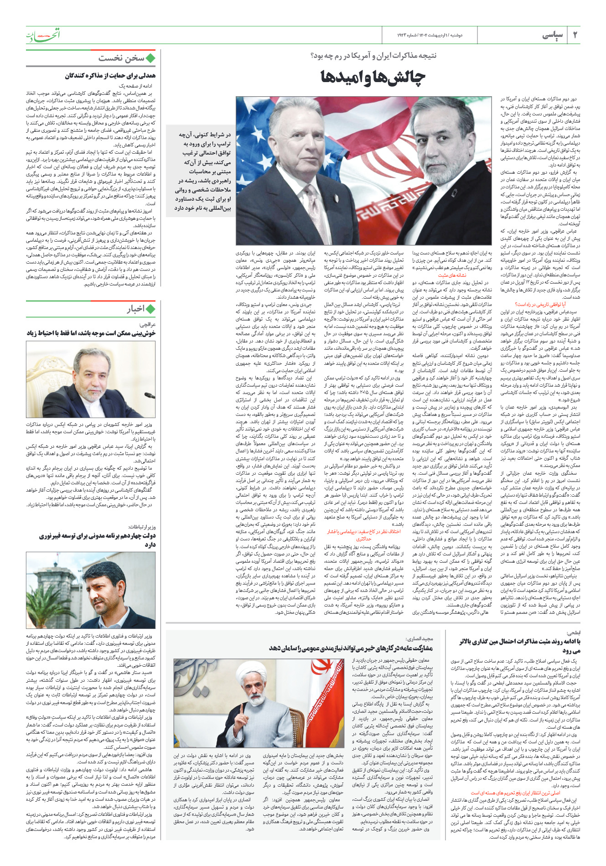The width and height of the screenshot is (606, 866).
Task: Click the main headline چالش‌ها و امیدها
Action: click(x=373, y=78)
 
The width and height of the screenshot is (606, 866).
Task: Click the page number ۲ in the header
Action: click(x=575, y=35)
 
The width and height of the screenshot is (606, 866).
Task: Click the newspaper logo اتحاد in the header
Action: click(x=43, y=35)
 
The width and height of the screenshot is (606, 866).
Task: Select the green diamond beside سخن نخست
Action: click(x=150, y=58)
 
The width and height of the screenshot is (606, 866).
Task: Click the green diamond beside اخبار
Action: click(x=150, y=309)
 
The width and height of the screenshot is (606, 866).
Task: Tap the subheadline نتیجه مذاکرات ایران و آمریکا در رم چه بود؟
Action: click(x=373, y=56)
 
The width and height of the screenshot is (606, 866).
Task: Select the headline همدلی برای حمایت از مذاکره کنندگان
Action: click(x=110, y=76)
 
